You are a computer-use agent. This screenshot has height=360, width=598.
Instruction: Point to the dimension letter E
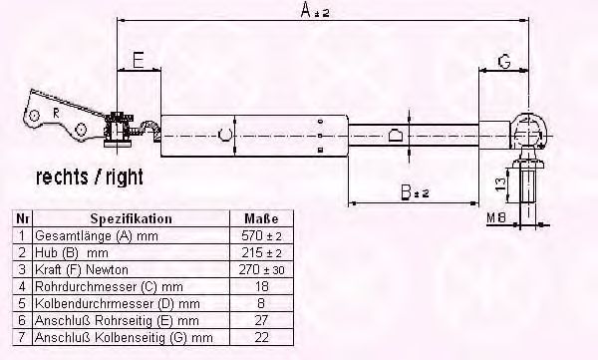tap(139, 60)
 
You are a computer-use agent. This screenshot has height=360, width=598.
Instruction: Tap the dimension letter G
tap(504, 62)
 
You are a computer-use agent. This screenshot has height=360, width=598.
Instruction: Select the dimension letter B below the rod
tap(407, 192)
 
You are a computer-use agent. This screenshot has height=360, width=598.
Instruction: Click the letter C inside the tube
tap(225, 135)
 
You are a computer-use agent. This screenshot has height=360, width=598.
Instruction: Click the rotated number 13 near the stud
tap(501, 184)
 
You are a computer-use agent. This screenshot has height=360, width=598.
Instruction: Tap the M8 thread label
tap(496, 217)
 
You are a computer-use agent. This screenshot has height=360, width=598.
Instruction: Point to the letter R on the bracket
tap(56, 114)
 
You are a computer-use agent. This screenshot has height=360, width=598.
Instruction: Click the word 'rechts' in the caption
tap(62, 178)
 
